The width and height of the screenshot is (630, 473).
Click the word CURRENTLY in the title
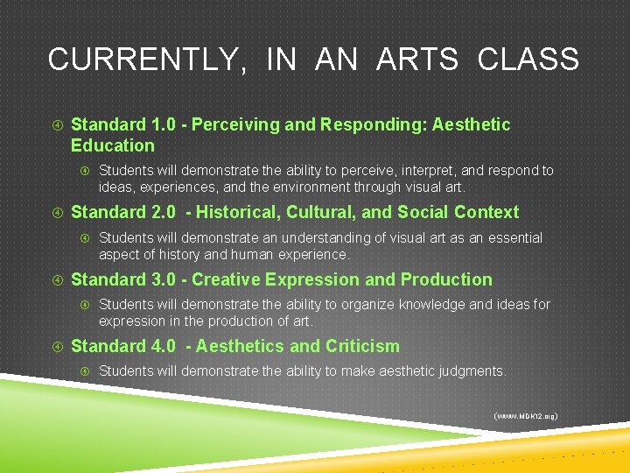pos(141,60)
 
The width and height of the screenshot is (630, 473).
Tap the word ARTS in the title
pos(417,60)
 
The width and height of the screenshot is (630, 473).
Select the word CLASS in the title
pos(528,60)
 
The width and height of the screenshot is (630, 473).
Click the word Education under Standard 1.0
pos(112,145)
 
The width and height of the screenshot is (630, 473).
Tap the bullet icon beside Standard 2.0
pos(55,213)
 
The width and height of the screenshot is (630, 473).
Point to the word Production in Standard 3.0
pos(446,279)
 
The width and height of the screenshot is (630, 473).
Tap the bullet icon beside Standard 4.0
pos(55,347)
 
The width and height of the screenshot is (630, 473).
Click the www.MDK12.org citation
pos(526,415)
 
